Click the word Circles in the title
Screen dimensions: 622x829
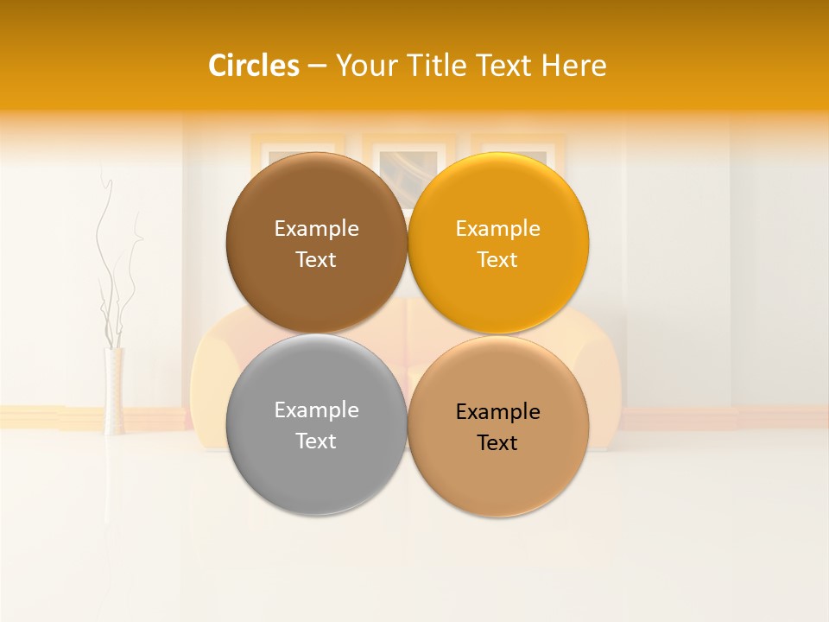[x=253, y=66]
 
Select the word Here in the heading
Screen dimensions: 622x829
[x=573, y=66]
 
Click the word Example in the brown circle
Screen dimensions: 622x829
[x=316, y=229]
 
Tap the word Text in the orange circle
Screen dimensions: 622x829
[x=497, y=260]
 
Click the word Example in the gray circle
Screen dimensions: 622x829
[x=316, y=410]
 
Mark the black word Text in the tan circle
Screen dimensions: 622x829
[x=497, y=443]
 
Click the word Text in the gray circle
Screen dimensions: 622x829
[x=316, y=441]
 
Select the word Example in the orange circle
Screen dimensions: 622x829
[x=497, y=229]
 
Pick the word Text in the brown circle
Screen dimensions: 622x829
[x=316, y=260]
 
